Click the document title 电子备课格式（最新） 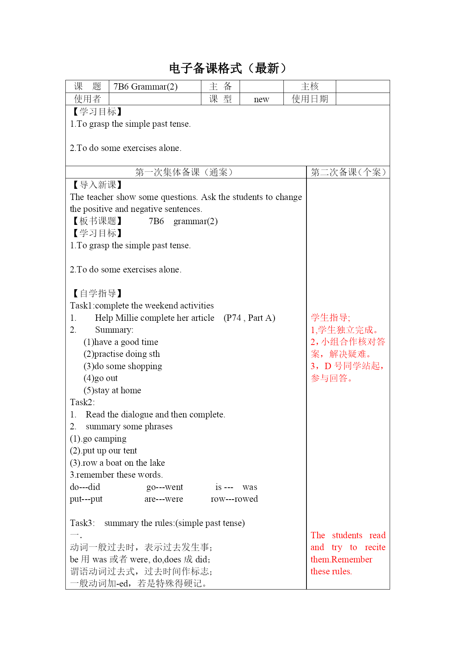(228, 68)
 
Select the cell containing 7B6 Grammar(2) (146, 87)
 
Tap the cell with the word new (262, 99)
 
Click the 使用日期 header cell (310, 99)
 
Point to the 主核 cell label (310, 87)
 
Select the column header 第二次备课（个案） (348, 172)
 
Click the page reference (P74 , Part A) (249, 318)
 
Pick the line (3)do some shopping (123, 366)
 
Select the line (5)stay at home (112, 390)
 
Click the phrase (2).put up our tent (103, 451)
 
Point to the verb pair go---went (165, 487)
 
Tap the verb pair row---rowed (234, 499)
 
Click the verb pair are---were (163, 499)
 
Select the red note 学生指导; (330, 317)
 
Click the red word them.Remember (341, 559)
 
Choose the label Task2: (82, 402)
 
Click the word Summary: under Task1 (114, 330)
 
